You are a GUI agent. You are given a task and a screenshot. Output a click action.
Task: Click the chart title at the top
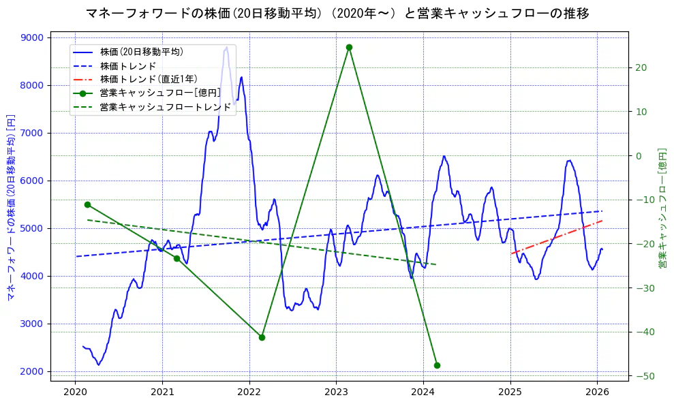(x=337, y=13)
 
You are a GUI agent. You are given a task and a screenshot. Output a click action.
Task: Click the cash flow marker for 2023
(x=349, y=47)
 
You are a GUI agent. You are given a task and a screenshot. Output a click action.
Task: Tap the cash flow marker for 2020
(x=87, y=204)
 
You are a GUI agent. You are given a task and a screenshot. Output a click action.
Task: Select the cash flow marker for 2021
(x=177, y=258)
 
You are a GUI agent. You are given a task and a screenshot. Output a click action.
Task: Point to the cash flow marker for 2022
(x=262, y=337)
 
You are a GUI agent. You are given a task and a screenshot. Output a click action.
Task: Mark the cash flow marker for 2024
(x=437, y=365)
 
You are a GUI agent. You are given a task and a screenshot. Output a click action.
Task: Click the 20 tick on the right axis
(x=641, y=67)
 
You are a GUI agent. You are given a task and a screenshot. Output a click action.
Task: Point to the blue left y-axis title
(x=10, y=207)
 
